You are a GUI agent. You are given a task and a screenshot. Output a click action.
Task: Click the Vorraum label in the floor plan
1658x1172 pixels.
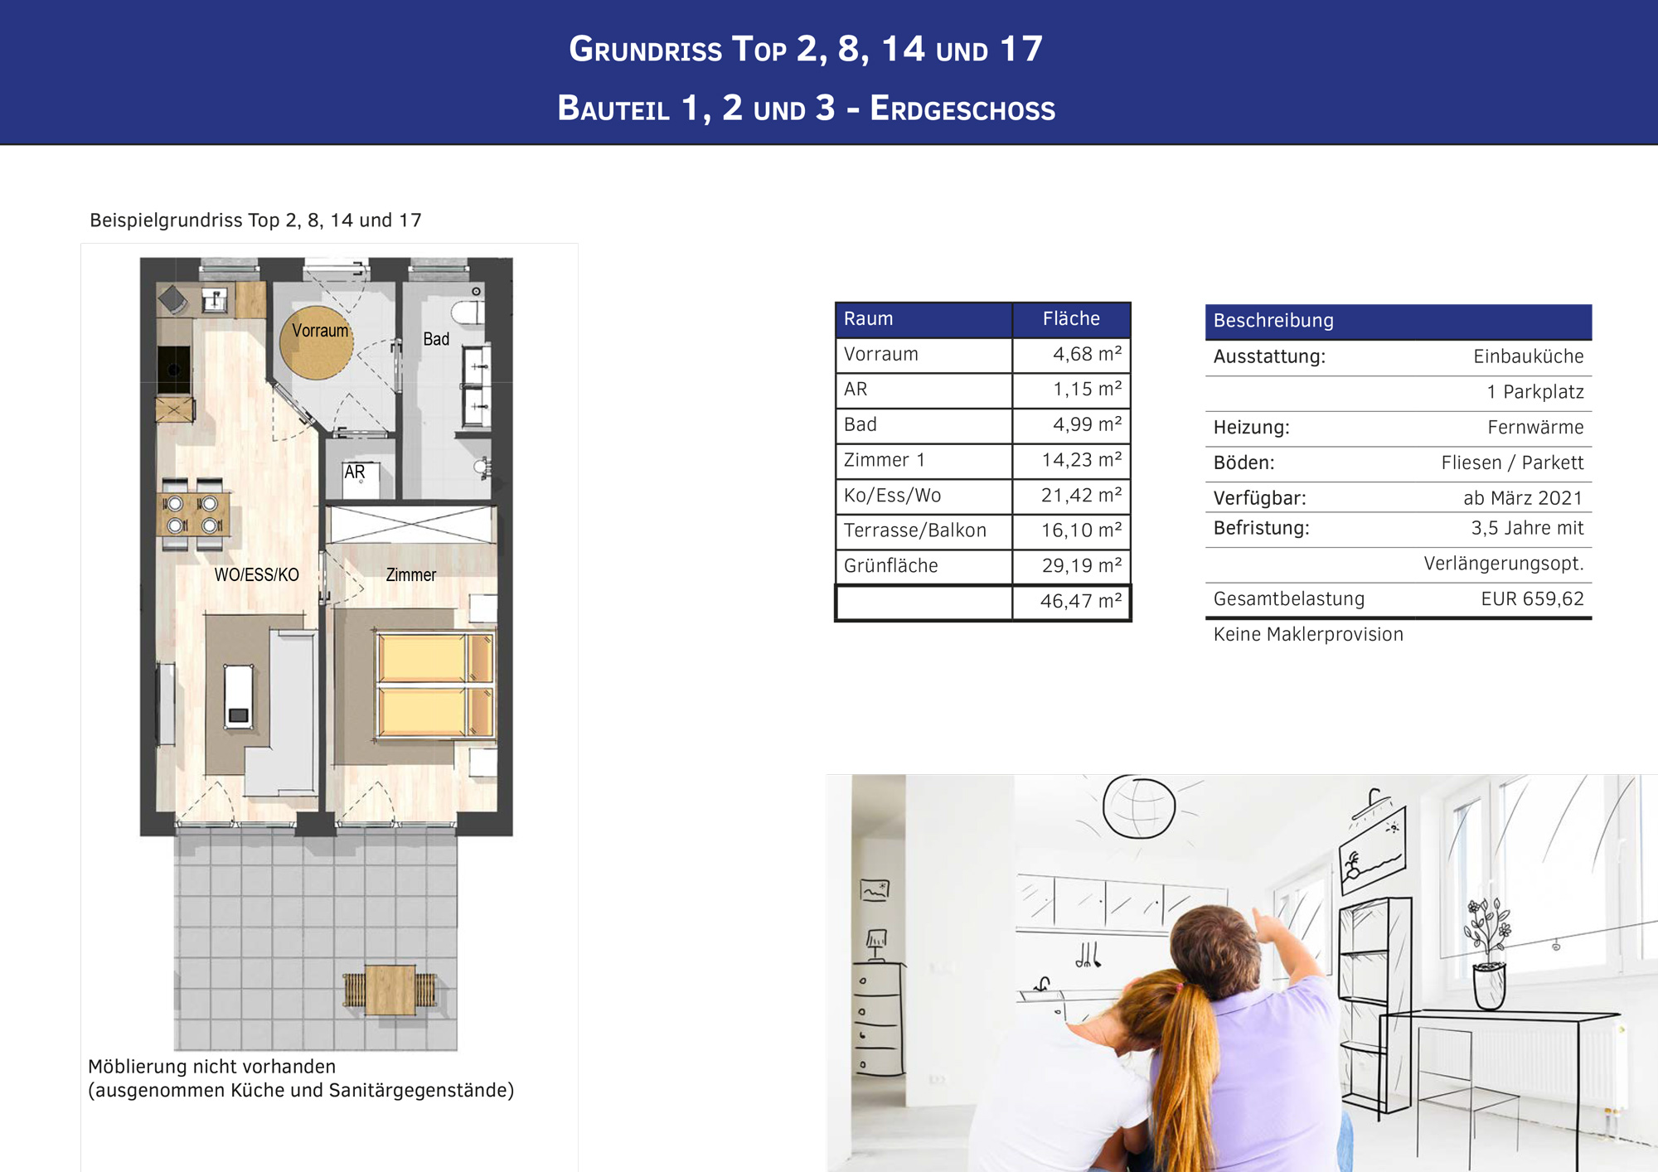pyautogui.click(x=320, y=331)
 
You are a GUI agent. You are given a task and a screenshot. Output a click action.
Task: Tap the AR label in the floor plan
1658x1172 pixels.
pyautogui.click(x=355, y=472)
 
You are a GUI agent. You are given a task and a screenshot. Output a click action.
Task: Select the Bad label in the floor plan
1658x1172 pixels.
pyautogui.click(x=436, y=339)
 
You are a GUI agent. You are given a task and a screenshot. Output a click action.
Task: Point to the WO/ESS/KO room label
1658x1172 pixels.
pyautogui.click(x=256, y=574)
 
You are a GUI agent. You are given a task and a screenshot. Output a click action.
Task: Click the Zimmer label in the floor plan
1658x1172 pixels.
pyautogui.click(x=411, y=574)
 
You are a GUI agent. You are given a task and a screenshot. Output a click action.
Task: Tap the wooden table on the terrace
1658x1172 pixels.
pyautogui.click(x=390, y=990)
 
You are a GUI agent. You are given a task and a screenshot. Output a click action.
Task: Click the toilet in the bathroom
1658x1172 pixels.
pyautogui.click(x=468, y=313)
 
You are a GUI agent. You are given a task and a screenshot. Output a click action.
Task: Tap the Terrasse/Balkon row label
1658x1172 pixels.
pyautogui.click(x=914, y=530)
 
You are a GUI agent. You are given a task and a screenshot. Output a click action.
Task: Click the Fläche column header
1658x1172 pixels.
pyautogui.click(x=1071, y=319)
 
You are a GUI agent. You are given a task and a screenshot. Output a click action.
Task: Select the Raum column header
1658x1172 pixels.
pyautogui.click(x=868, y=319)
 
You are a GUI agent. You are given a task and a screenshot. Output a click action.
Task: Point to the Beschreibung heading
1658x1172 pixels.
pyautogui.click(x=1273, y=321)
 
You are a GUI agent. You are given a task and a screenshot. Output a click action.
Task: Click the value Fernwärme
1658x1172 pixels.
pyautogui.click(x=1535, y=428)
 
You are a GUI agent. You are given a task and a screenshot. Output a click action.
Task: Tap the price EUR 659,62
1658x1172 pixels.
pyautogui.click(x=1532, y=598)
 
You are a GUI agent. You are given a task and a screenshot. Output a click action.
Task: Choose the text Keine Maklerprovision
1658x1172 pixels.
pyautogui.click(x=1308, y=634)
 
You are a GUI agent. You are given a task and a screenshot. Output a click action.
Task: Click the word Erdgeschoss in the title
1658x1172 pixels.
pyautogui.click(x=962, y=109)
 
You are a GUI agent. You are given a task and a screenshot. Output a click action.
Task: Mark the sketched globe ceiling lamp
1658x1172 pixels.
pyautogui.click(x=1139, y=806)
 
